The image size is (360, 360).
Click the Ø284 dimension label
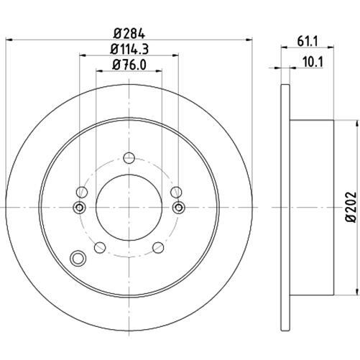129,34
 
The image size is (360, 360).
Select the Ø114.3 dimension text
129,49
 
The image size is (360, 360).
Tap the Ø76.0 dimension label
129,65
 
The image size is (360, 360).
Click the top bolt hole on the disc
129,158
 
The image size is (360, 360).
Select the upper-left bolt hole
82,192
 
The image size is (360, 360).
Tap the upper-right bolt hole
176,192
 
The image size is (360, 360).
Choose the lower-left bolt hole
100,247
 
